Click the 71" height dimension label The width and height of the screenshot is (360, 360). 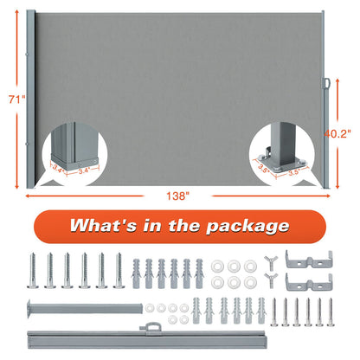click(17, 100)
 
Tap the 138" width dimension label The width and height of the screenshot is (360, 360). click(177, 196)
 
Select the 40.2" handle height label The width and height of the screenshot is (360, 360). click(337, 133)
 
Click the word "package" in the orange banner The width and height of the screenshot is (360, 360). click(247, 226)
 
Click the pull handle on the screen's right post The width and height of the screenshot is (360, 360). click(326, 83)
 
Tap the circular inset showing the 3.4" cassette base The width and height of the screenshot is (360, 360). click(75, 154)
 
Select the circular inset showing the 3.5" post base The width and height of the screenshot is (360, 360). click(282, 154)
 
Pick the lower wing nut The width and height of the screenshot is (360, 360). click(271, 280)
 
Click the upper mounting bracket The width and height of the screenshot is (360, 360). click(309, 259)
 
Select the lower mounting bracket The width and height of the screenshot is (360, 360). click(309, 282)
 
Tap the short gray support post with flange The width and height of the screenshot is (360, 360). click(85, 308)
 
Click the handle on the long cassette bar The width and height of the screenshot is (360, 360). click(151, 328)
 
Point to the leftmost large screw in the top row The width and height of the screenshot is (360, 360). click(33, 270)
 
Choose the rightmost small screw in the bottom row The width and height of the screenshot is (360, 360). click(331, 312)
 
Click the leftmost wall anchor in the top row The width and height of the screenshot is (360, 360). click(136, 273)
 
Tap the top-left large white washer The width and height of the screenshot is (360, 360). click(217, 266)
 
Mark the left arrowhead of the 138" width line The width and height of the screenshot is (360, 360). click(28, 196)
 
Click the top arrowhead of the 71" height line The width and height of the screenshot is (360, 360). click(17, 12)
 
